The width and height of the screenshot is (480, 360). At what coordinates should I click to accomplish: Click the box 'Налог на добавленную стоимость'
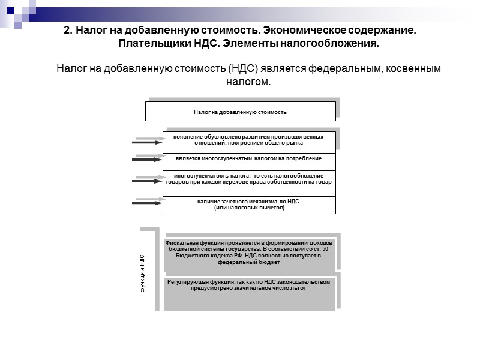(x=240, y=112)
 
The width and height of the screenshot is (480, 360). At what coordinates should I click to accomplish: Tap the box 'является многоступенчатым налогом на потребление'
(x=248, y=159)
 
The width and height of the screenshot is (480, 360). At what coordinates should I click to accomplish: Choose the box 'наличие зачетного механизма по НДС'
(x=248, y=204)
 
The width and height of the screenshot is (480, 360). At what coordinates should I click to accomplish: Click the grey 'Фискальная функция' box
(x=248, y=253)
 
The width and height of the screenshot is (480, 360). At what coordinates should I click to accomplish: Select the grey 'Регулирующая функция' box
(x=248, y=292)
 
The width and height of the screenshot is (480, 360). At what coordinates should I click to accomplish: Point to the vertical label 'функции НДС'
(x=142, y=273)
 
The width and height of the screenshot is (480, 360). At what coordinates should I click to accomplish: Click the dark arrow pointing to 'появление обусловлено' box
(x=147, y=143)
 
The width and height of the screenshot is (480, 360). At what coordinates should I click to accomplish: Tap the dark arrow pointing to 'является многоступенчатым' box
(x=147, y=160)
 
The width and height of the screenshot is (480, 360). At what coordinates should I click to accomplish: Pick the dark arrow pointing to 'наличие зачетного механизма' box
(x=147, y=203)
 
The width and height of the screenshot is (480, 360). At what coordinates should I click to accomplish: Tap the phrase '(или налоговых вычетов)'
(x=248, y=208)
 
